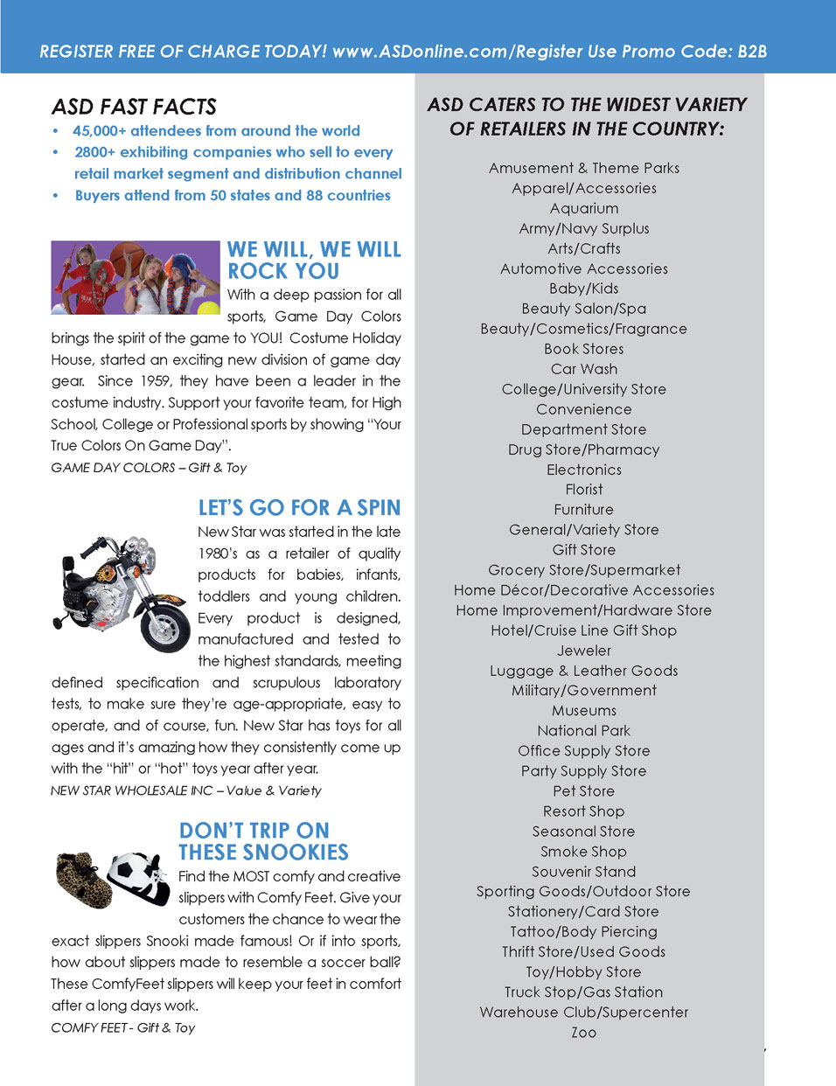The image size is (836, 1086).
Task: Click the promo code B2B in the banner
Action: tap(752, 51)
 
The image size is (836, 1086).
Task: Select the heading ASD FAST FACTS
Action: tap(134, 107)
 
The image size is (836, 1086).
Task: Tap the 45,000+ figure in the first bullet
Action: tap(99, 131)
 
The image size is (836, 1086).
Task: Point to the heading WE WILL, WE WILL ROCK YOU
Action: tap(313, 261)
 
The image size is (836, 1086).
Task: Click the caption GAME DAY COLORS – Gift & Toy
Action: tap(149, 468)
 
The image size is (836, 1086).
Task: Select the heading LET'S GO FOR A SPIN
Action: tap(299, 508)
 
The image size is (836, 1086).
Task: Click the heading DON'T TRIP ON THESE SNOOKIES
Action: tap(263, 841)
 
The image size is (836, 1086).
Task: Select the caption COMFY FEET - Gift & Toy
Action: tap(122, 1027)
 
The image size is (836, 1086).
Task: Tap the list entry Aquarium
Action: tap(584, 208)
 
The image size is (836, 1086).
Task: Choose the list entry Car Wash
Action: tap(584, 369)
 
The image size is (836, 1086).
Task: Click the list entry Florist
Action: tap(584, 490)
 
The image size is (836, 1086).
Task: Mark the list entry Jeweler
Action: tap(584, 651)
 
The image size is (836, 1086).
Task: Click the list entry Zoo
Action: tap(584, 1033)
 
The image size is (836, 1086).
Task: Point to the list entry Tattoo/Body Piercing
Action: tap(584, 932)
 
